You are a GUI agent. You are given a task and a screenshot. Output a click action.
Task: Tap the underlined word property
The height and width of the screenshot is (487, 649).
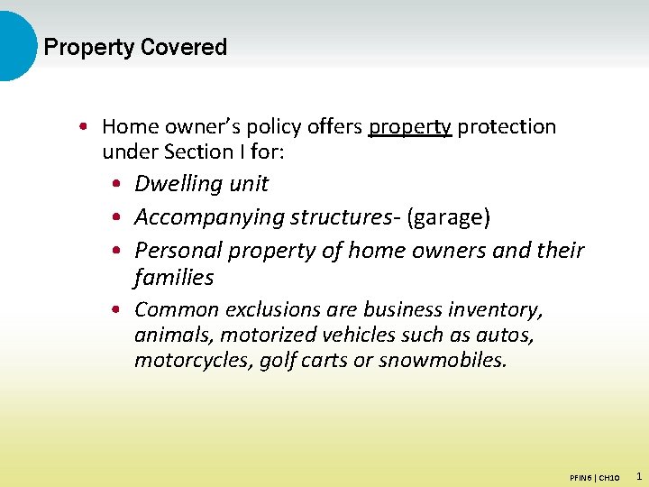click(409, 127)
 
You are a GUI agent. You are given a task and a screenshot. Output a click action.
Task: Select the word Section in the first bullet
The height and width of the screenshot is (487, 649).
click(200, 152)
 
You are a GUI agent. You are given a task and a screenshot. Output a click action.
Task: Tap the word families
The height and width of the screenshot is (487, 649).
click(174, 278)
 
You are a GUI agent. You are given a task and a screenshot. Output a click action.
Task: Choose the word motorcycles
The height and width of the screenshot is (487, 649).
click(187, 361)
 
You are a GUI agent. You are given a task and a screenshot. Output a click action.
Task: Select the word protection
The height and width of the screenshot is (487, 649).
click(507, 127)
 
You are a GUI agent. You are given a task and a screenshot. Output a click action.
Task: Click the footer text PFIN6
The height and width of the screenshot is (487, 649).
click(581, 476)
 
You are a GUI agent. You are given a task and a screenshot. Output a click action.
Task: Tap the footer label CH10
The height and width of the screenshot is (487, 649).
click(608, 476)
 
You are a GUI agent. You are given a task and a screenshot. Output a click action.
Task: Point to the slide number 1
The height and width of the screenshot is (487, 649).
click(638, 475)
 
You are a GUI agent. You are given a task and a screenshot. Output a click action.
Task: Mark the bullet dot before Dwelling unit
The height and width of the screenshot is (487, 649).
click(119, 185)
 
